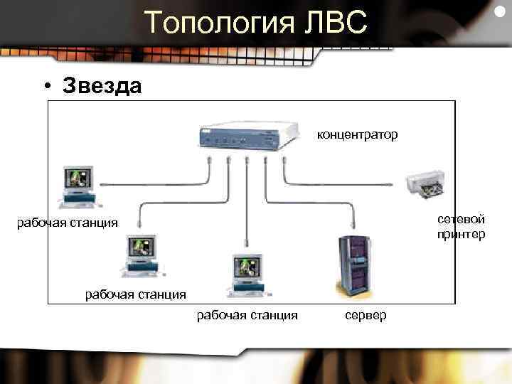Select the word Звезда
[102, 86]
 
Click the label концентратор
[357, 134]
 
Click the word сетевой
[462, 219]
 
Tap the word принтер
[462, 234]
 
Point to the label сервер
[367, 314]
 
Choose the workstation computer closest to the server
[246, 274]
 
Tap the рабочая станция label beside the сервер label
[247, 314]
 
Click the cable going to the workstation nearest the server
[246, 213]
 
